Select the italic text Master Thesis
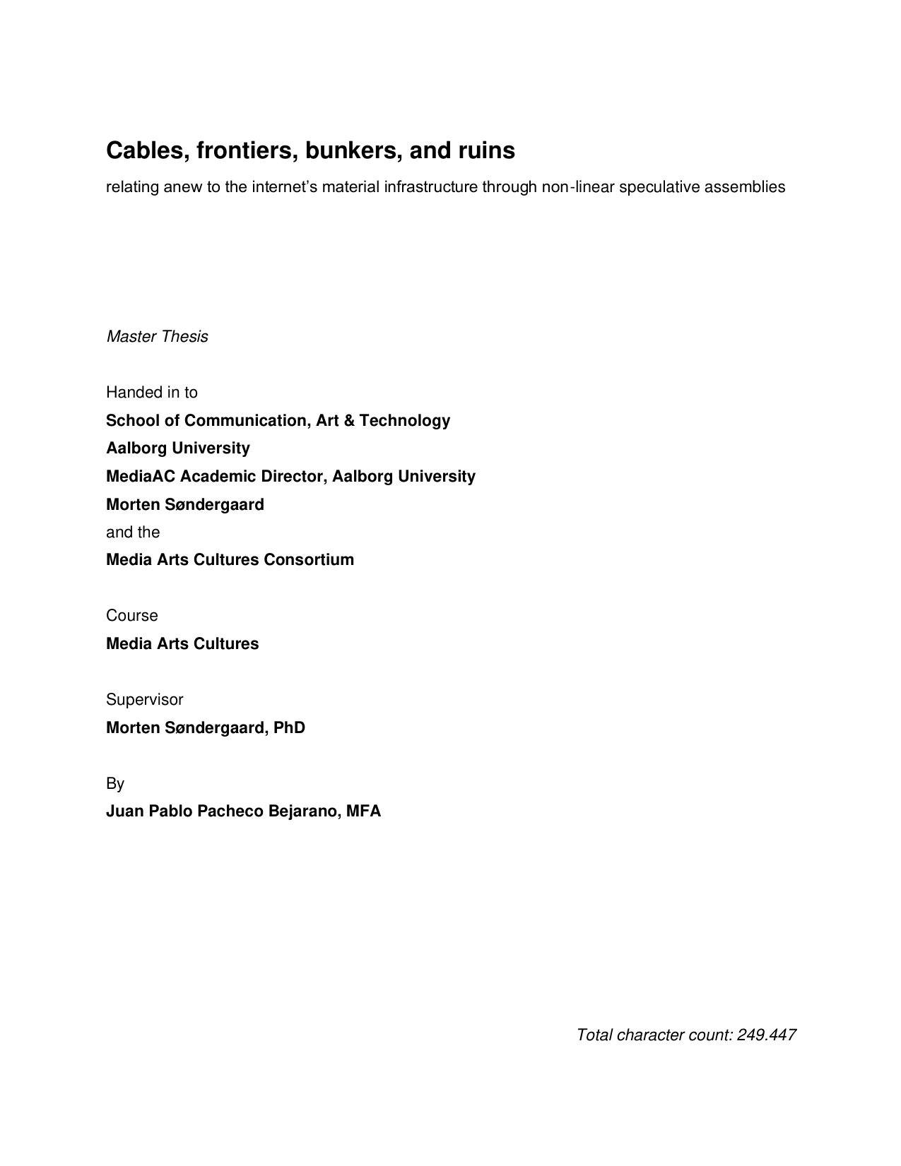[x=157, y=337]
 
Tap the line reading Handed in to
[x=151, y=393]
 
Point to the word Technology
[x=404, y=421]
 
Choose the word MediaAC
[x=140, y=477]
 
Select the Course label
[x=131, y=616]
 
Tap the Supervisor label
[x=144, y=700]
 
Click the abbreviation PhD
[x=289, y=728]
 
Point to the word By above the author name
[x=115, y=784]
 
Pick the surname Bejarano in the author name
[x=302, y=811]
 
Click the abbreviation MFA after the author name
[x=363, y=811]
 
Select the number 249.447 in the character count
[x=766, y=1035]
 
